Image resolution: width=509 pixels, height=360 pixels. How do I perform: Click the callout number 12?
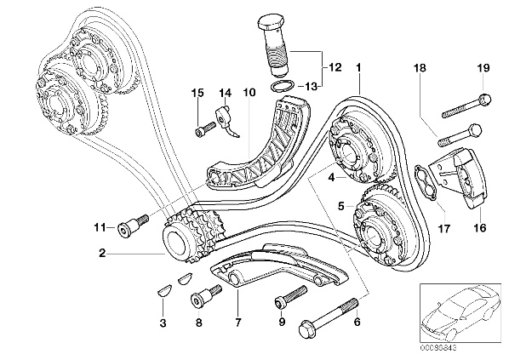click(x=335, y=67)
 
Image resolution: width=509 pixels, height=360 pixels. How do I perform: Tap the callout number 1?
click(x=358, y=68)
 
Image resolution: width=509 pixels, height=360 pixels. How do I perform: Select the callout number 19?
click(x=483, y=68)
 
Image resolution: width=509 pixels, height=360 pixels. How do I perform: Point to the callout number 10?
click(x=249, y=92)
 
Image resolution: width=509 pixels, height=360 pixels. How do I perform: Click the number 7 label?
click(x=238, y=323)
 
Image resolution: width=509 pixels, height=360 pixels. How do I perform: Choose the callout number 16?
click(x=480, y=227)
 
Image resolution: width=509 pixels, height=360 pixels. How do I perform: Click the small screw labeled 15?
click(x=205, y=129)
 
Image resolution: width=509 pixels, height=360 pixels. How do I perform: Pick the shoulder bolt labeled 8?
click(x=206, y=296)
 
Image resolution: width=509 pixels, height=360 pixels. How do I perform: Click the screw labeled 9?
click(x=290, y=296)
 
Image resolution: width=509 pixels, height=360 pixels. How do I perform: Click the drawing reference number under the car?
click(x=438, y=348)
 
